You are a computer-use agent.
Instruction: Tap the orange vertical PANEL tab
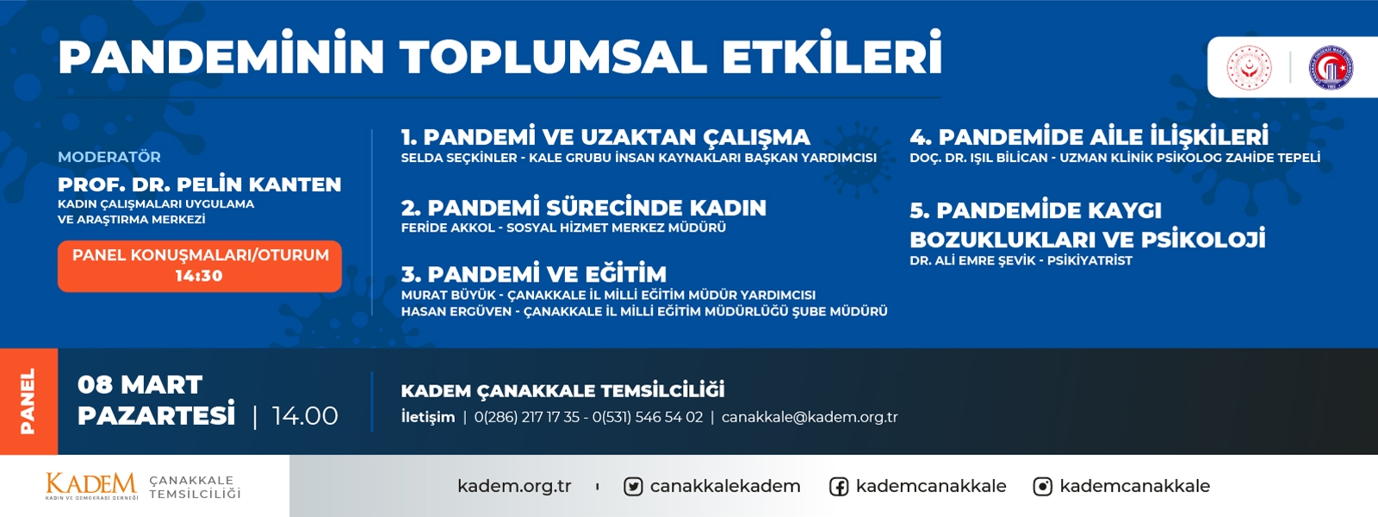29,402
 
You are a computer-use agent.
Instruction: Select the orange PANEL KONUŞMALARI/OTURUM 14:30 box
200,266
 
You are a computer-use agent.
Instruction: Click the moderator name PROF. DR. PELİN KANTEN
199,184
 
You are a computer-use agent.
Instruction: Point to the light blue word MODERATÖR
109,156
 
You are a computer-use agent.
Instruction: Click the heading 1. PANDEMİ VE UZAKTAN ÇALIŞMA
605,136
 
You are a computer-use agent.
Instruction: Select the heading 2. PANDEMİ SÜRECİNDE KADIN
584,208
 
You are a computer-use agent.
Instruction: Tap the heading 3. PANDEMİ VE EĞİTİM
534,273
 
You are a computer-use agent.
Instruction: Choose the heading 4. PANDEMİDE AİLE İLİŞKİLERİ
1089,136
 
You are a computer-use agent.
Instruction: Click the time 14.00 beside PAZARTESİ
305,416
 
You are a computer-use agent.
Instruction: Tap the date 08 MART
140,384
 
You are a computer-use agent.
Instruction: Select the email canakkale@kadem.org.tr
810,417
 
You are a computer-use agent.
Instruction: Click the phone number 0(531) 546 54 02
647,417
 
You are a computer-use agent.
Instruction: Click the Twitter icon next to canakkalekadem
632,487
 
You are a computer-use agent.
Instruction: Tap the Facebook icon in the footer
839,487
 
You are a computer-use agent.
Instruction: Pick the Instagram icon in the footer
1042,487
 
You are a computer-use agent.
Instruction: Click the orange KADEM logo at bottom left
91,486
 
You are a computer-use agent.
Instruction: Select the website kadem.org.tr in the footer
514,486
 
